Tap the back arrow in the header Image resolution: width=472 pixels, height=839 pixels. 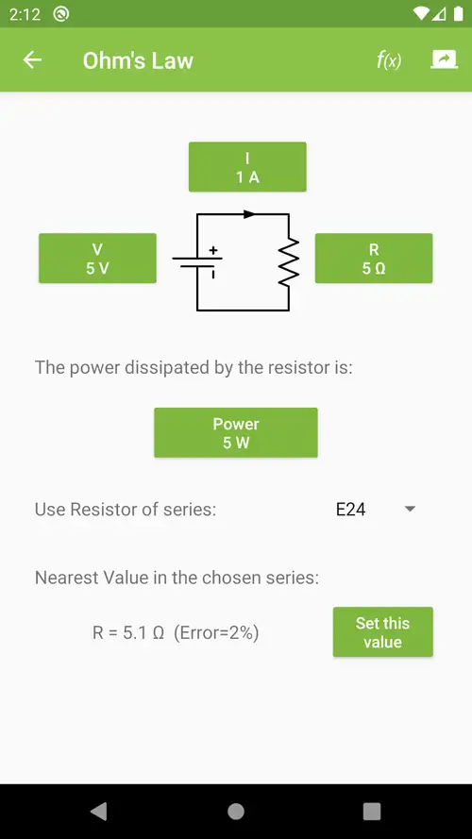(x=32, y=60)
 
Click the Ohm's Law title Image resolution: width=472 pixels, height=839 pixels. (x=138, y=60)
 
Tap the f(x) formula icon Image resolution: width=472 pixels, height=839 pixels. (x=389, y=60)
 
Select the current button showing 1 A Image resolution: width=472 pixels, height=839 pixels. (x=247, y=167)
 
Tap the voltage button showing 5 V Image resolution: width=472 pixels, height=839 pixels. (x=97, y=258)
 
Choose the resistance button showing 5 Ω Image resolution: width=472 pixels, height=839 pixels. (x=374, y=258)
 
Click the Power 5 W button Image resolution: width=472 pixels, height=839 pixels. (x=236, y=432)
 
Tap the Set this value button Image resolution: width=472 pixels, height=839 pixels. (x=382, y=632)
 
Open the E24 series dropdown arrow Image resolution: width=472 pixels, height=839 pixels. (x=410, y=509)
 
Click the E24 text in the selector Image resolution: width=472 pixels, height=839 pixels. (x=350, y=510)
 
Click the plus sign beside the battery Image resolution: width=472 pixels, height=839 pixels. (x=213, y=250)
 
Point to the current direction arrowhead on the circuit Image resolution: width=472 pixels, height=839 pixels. (x=249, y=214)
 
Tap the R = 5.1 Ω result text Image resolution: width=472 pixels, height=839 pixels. (x=127, y=633)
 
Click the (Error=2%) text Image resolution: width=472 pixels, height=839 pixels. (x=216, y=633)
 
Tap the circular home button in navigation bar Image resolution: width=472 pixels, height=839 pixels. (x=236, y=812)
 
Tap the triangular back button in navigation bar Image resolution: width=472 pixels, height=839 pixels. (x=99, y=812)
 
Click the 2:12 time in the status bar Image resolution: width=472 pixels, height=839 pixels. (x=25, y=14)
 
